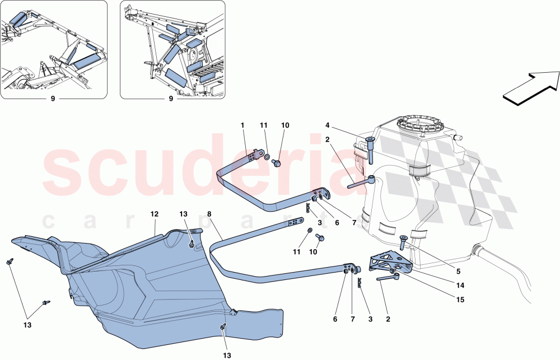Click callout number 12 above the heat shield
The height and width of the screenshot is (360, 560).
[155, 213]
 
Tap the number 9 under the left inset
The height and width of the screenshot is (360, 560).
[54, 99]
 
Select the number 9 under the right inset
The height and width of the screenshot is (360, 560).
[172, 99]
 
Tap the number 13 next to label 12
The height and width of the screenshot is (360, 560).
[184, 213]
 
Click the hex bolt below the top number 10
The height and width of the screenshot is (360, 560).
[277, 163]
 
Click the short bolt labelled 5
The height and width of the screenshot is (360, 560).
[402, 242]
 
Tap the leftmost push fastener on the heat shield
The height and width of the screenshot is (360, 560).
[10, 262]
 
